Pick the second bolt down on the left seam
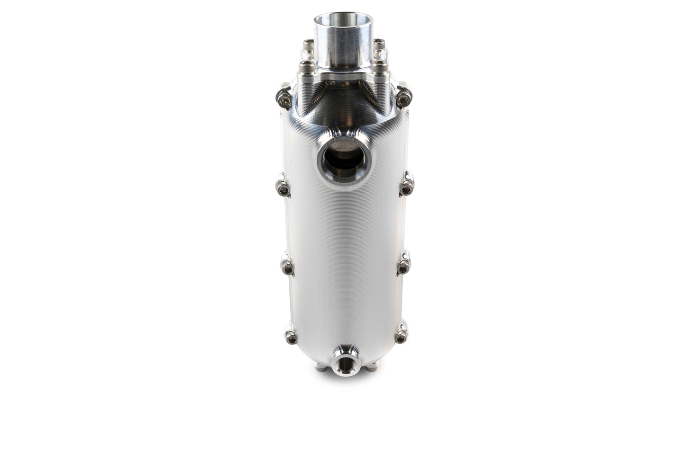(x=283, y=189)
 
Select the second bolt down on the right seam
(x=405, y=188)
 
